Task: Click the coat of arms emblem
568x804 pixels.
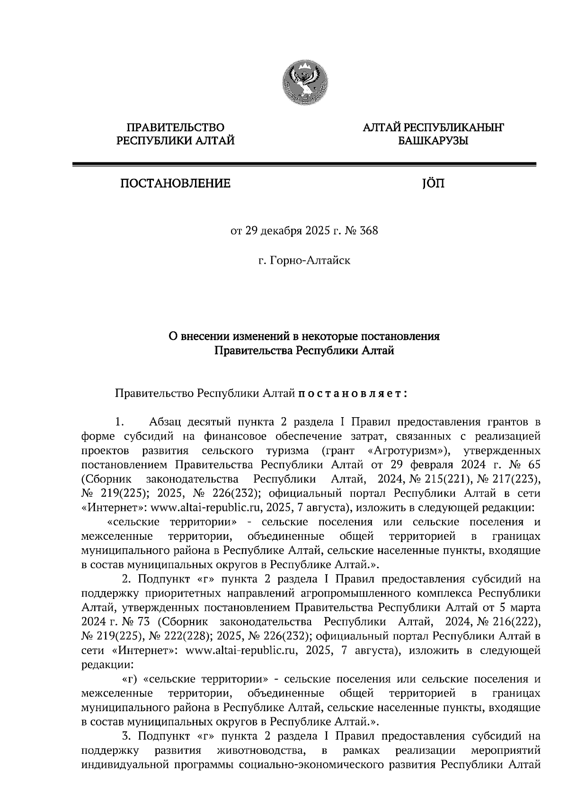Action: tap(305, 83)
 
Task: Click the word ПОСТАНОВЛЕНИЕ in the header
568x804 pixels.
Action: tap(176, 183)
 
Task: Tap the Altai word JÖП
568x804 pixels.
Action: tap(433, 183)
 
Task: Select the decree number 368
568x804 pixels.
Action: tap(369, 232)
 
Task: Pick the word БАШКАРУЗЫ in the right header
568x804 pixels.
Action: tap(433, 141)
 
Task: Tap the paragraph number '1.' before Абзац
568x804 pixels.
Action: tap(119, 421)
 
